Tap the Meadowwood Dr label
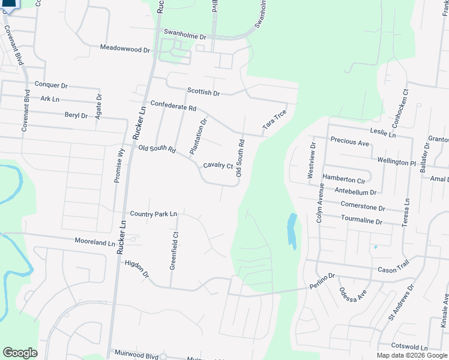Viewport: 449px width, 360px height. (125, 49)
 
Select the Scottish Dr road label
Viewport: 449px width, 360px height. (203, 92)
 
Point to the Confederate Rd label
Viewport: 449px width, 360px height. (173, 106)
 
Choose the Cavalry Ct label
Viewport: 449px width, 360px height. (217, 165)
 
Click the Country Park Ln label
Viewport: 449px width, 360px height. (154, 214)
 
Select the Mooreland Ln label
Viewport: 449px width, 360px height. (94, 242)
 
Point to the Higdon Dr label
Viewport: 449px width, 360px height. (137, 268)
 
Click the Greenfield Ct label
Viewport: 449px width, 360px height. (173, 250)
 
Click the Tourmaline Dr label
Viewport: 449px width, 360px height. (361, 221)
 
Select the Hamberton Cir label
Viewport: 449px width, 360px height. (344, 179)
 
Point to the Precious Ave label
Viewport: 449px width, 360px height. (350, 143)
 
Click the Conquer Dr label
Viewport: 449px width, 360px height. (52, 85)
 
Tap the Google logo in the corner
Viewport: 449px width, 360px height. (20, 353)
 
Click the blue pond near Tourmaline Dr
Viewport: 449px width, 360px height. (292, 231)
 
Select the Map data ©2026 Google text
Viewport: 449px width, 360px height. (411, 355)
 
